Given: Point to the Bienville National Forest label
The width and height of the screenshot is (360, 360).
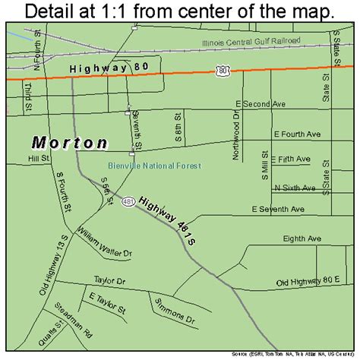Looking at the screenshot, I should [x=153, y=166].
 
